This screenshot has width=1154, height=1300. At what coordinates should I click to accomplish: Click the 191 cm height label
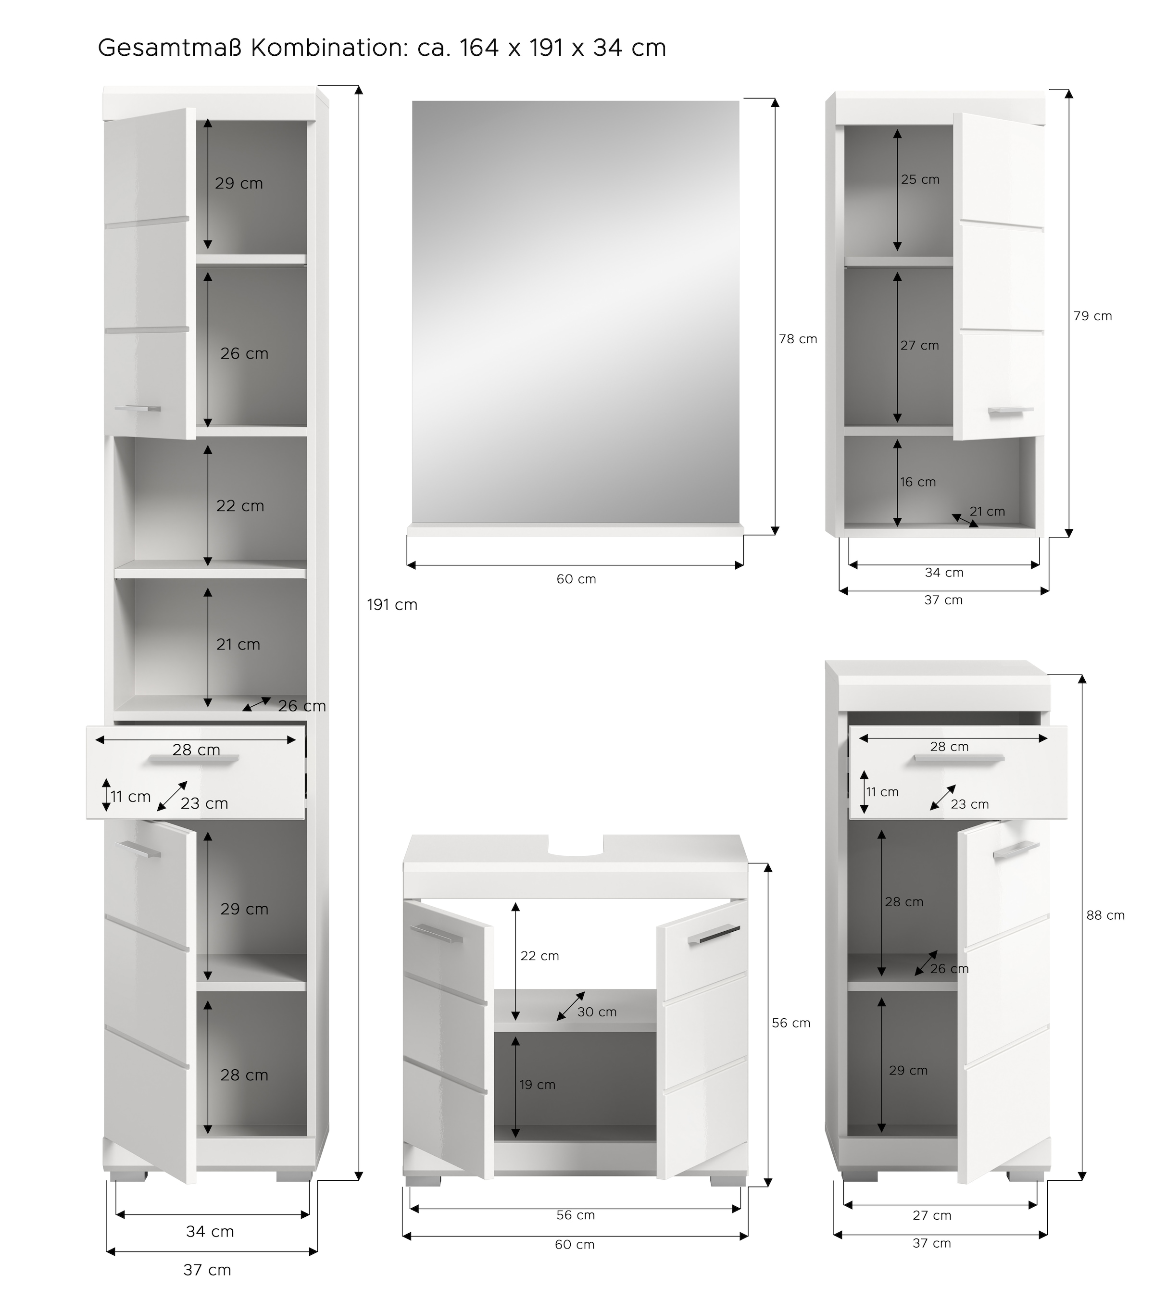coord(392,605)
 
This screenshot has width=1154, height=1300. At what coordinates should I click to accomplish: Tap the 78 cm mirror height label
coord(798,339)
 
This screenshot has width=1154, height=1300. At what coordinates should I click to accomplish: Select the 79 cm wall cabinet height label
coord(1092,316)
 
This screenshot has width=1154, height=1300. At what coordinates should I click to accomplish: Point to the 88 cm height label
coord(1105,915)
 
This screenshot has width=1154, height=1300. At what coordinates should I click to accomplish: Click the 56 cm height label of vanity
coord(791,1023)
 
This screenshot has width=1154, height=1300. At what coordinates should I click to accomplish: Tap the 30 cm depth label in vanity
coord(597,1012)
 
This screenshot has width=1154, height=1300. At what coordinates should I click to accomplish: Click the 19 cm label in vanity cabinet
coord(538,1085)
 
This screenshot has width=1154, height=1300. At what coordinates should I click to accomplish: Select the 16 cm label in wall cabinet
coord(917,482)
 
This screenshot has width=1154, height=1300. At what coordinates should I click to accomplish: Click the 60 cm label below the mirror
coord(576,579)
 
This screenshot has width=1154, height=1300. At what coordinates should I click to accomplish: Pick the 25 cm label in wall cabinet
coord(920,180)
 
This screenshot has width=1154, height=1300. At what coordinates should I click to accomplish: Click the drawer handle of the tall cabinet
coord(194,758)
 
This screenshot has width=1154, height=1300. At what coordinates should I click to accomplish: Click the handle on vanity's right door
coord(713,936)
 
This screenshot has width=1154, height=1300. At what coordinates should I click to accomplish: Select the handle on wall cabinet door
coord(1010,412)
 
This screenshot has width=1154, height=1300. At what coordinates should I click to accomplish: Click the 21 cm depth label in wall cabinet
coord(987,512)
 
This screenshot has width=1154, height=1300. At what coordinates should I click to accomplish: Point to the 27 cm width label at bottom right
coord(931,1215)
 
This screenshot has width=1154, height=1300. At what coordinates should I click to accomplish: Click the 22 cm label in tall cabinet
coord(240,506)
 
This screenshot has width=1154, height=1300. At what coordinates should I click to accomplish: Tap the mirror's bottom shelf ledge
coord(575,529)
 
